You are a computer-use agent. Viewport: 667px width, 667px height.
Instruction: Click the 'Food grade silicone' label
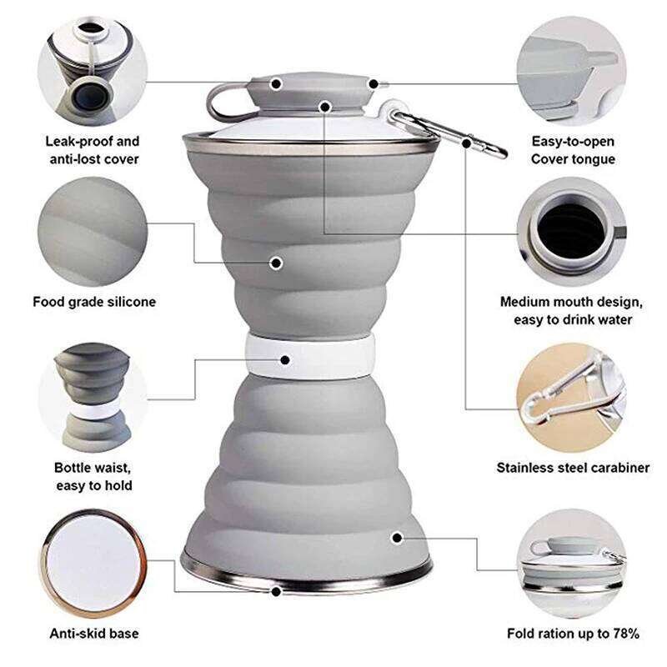pos(94,302)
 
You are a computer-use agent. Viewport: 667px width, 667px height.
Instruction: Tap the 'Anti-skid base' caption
pos(94,634)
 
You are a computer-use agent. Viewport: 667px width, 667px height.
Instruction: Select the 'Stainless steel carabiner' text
pos(573,468)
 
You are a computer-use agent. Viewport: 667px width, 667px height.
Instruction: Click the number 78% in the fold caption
pos(626,634)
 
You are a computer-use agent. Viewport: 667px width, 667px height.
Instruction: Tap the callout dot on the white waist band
pos(285,360)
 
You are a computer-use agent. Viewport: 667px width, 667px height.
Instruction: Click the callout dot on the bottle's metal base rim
pos(276,591)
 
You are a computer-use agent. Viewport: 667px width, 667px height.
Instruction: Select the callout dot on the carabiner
pos(466,143)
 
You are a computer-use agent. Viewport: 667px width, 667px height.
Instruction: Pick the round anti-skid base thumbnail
pos(94,563)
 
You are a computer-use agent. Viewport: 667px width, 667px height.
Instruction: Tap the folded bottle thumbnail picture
pos(571,563)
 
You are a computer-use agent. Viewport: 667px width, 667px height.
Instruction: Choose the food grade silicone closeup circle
pos(93,232)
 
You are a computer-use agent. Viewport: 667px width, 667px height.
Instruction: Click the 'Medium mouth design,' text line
pos(571,302)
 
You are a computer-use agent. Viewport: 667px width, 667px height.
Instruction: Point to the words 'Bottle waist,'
pos(93,468)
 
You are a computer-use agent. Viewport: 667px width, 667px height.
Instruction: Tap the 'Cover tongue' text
pos(573,159)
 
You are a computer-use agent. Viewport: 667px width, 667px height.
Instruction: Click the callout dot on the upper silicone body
pos(276,263)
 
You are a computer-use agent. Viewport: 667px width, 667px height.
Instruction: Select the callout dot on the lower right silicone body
pos(397,538)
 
